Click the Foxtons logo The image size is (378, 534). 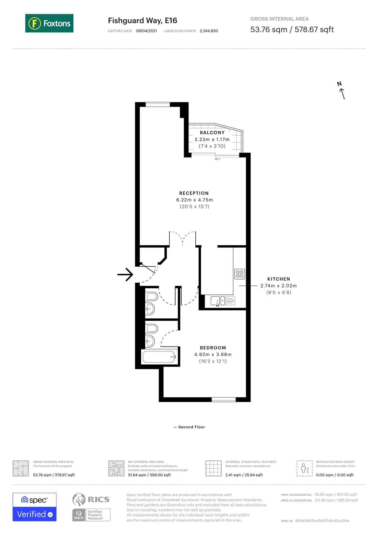point(49,23)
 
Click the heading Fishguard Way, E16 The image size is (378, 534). point(143,20)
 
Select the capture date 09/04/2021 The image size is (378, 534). point(146,31)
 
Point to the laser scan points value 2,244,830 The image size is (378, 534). point(209,31)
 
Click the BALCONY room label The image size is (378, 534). point(212,133)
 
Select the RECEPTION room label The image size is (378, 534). point(194,193)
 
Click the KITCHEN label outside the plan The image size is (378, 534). point(279,279)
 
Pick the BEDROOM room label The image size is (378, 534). point(213,348)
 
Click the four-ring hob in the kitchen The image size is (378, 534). point(240,274)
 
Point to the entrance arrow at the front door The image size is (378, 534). point(125,274)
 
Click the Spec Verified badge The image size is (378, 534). point(34,507)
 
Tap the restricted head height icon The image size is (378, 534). point(304,468)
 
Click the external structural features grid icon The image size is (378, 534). point(213,468)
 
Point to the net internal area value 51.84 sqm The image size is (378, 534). point(149,475)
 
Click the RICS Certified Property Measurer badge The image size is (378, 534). point(91,515)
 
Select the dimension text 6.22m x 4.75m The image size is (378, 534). point(194,200)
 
